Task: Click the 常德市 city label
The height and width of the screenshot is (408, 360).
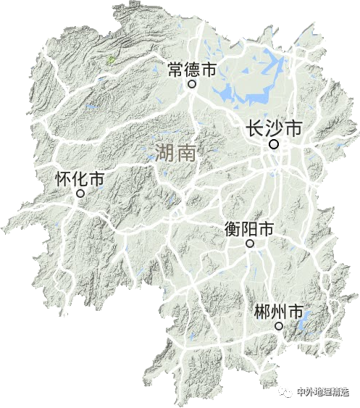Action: click(192, 70)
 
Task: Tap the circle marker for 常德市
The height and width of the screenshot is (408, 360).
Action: click(192, 84)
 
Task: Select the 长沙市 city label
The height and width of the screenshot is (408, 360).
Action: click(275, 129)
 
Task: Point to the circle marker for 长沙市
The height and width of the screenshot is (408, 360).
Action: click(275, 144)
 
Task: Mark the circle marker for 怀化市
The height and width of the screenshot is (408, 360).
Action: click(80, 193)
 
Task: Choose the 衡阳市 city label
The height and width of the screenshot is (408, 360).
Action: click(249, 230)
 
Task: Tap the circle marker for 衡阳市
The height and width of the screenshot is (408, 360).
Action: click(250, 244)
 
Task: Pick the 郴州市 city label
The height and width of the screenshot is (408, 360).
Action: click(279, 312)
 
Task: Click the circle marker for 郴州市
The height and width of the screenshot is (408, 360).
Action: click(278, 327)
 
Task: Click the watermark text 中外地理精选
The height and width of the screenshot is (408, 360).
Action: click(322, 392)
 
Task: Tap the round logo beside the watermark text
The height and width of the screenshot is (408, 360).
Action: click(287, 392)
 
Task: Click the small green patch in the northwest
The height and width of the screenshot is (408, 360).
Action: click(110, 61)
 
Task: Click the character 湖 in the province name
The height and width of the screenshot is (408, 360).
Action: click(164, 152)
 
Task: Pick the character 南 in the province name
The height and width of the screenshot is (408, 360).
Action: click(186, 152)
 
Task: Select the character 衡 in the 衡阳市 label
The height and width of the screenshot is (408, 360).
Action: click(233, 230)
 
